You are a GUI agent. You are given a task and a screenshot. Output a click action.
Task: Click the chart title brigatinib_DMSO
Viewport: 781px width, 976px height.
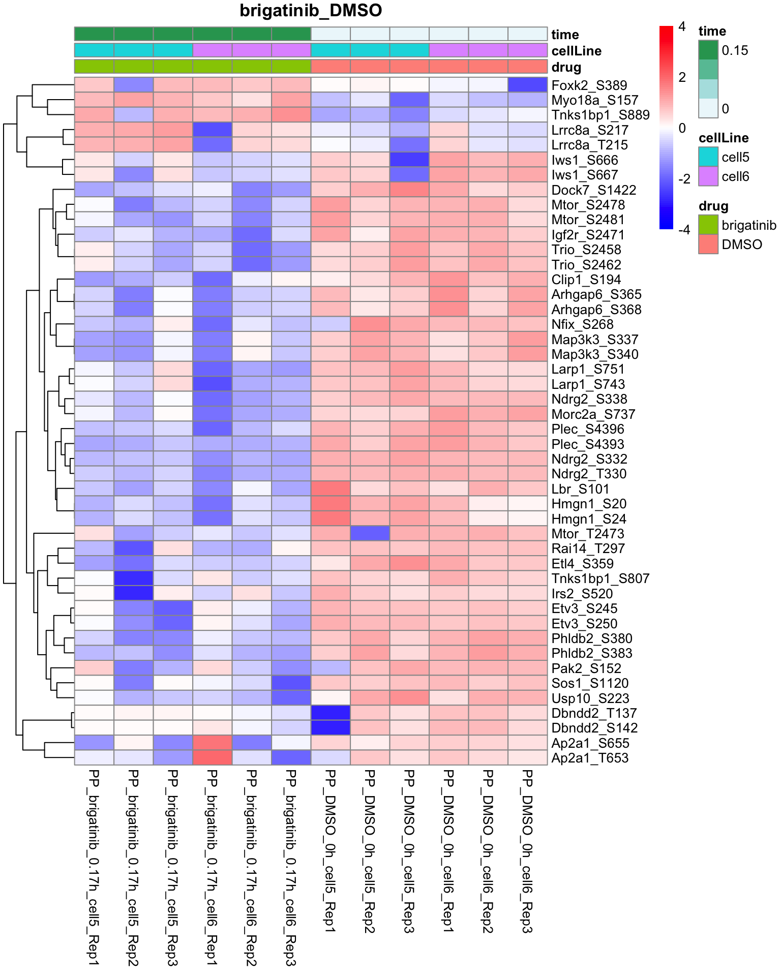coord(311,11)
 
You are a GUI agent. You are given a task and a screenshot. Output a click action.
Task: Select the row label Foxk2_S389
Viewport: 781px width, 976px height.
coord(589,85)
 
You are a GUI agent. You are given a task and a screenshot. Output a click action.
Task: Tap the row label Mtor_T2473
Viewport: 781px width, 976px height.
coord(587,534)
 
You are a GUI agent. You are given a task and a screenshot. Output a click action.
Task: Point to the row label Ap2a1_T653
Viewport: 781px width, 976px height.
coord(590,758)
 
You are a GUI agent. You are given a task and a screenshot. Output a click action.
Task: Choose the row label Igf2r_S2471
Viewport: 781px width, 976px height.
coord(588,235)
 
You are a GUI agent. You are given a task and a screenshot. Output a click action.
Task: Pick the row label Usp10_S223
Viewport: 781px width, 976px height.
coord(590,698)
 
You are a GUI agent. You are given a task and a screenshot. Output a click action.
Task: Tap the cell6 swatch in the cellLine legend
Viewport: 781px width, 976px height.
coord(708,177)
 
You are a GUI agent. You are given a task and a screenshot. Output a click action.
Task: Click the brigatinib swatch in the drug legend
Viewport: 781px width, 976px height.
coord(708,225)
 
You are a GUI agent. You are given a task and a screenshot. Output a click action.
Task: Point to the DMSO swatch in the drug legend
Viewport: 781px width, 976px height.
coord(708,244)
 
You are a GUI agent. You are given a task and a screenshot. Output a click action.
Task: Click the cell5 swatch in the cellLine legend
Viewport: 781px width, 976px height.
coord(708,157)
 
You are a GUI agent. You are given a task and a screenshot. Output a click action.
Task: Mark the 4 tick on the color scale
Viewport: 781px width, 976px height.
coord(682,26)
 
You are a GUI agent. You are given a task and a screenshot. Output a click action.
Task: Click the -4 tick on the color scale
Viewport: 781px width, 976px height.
coord(684,229)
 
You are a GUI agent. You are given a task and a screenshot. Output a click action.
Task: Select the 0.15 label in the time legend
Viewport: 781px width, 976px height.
coord(735,50)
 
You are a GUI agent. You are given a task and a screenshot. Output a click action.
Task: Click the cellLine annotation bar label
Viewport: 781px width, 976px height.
coord(576,51)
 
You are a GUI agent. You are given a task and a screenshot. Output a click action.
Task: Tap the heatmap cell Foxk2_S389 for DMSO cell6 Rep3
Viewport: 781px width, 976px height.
coord(527,84)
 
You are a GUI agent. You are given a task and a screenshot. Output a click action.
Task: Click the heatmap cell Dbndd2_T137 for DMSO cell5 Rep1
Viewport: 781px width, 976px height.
coord(331,713)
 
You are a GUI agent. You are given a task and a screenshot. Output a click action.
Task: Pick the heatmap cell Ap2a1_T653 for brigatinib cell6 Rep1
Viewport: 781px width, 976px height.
coord(213,758)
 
